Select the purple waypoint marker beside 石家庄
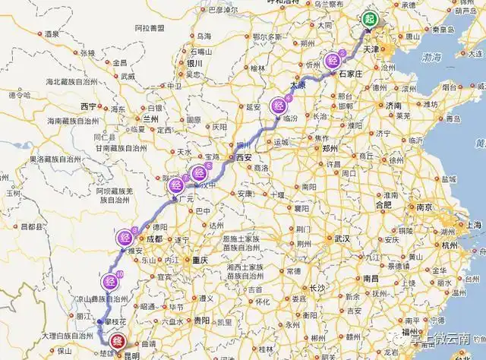click(x=333, y=61)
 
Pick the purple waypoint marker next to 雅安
click(x=126, y=238)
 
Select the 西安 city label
click(x=243, y=157)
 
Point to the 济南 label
click(x=393, y=105)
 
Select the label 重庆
click(x=200, y=260)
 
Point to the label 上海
click(x=474, y=225)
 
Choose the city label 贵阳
click(x=200, y=321)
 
